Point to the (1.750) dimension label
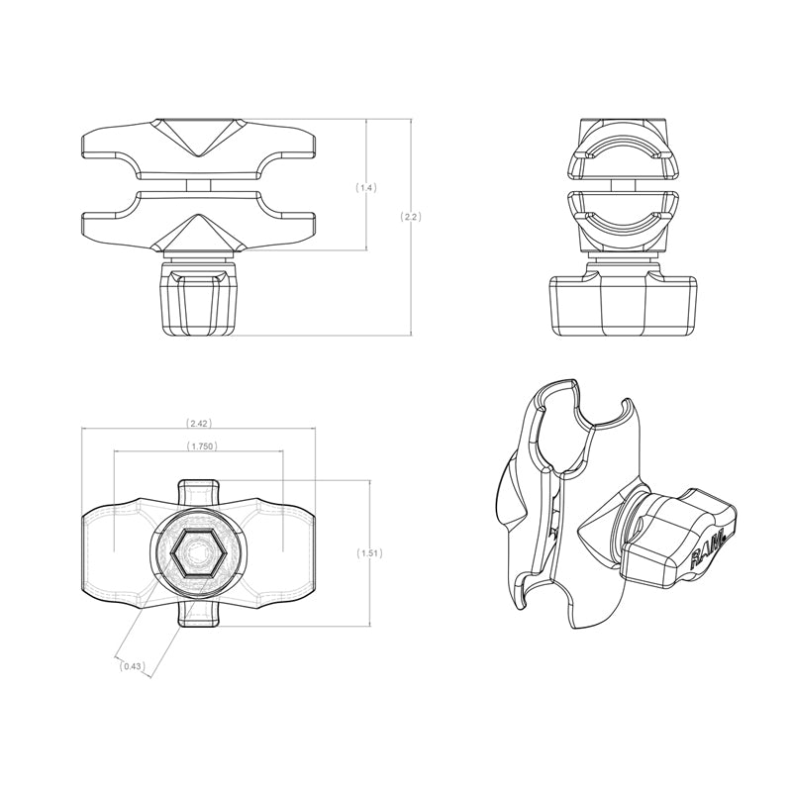pos(202,446)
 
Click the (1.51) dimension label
pos(369,553)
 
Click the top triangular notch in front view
pos(199,137)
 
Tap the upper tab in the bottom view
pos(197,491)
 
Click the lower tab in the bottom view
pos(197,615)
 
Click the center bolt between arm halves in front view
pos(198,185)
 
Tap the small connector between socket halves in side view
pos(624,185)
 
